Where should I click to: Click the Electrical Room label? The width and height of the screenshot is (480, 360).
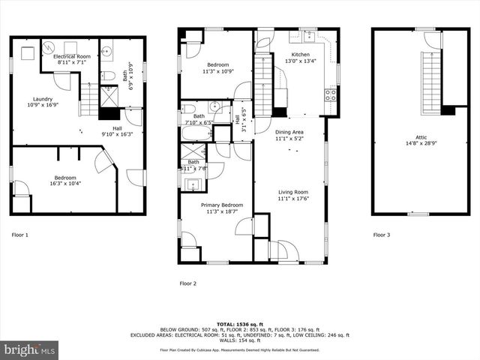pos(73,56)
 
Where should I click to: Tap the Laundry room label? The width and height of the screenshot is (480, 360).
pos(42,99)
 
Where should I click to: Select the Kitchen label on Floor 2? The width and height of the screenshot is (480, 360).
pos(300,55)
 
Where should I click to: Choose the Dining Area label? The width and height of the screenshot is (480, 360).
pos(289,132)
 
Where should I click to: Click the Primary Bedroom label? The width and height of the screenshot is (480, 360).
pos(221,205)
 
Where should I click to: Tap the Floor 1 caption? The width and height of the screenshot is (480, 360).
pos(20,235)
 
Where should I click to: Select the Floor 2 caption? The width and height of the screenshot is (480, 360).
pos(187,283)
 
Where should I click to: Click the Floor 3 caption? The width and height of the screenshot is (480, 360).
pos(382,235)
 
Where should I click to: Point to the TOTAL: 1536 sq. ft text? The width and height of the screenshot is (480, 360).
pos(239,324)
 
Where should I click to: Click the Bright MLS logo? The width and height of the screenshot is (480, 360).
pos(30,349)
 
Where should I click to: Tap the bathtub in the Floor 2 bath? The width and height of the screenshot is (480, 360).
pos(196,134)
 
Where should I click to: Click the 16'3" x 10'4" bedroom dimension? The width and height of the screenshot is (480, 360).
pos(64,183)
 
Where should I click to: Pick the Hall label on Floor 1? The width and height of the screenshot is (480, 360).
pos(117,128)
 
